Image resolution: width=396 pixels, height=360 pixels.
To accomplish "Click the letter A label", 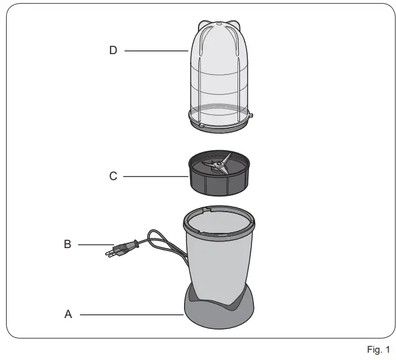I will pyautogui.click(x=69, y=314).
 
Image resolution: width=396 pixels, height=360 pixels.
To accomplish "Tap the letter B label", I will pyautogui.click(x=67, y=244).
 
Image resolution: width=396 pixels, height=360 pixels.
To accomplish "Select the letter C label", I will pyautogui.click(x=113, y=176).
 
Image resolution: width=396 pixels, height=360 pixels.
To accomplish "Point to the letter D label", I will pyautogui.click(x=113, y=50).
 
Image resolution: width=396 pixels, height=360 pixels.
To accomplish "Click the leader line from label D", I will pyautogui.click(x=156, y=51).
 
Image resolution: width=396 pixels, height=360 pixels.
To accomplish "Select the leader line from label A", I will pyautogui.click(x=131, y=314).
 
